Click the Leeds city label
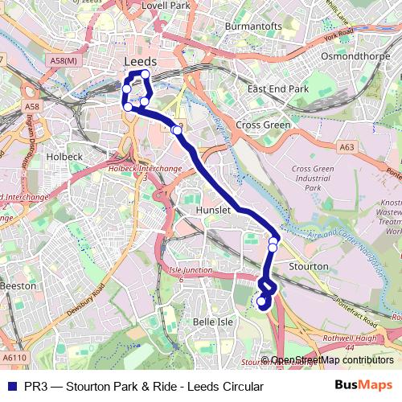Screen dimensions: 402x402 (x=140, y=62)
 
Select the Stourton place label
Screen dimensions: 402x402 (x=308, y=265)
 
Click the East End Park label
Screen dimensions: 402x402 (x=278, y=88)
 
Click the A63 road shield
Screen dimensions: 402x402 (x=347, y=147)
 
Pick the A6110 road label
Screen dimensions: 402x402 (x=14, y=357)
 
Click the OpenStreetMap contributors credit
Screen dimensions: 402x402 (x=327, y=360)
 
